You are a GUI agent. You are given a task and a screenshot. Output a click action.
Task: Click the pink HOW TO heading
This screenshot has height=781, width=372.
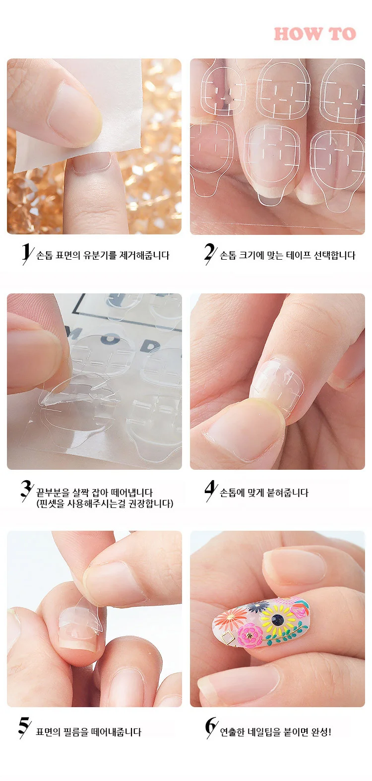315,34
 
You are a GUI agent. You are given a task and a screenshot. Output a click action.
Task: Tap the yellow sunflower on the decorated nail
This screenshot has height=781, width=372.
278,619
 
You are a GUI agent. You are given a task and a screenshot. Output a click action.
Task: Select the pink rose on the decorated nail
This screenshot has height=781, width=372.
250,636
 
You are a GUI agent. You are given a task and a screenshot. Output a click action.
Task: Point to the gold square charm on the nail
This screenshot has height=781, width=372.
228,638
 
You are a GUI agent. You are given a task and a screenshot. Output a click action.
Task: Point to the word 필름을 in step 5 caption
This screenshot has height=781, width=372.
76,732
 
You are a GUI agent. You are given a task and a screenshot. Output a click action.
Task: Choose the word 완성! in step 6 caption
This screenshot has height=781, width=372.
321,732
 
